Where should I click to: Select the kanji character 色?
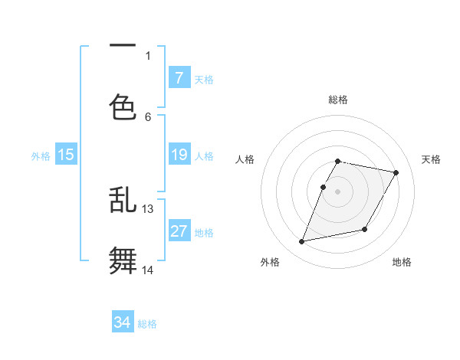[123, 107]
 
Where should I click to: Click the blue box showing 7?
[179, 77]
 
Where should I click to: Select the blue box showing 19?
[179, 155]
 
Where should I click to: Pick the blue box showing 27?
[179, 231]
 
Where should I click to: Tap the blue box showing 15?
[66, 155]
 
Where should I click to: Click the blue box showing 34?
[123, 322]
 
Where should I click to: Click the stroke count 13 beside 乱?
[148, 208]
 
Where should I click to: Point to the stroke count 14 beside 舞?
[148, 270]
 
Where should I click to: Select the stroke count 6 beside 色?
[148, 116]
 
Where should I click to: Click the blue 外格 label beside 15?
[41, 155]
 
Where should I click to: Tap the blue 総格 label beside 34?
[147, 324]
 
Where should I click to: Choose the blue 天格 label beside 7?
[204, 79]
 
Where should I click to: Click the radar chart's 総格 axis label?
[338, 100]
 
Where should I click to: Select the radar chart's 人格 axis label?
[245, 159]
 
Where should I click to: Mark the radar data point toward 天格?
[396, 173]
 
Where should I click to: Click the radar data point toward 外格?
[302, 242]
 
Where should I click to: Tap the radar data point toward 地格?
[365, 229]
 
